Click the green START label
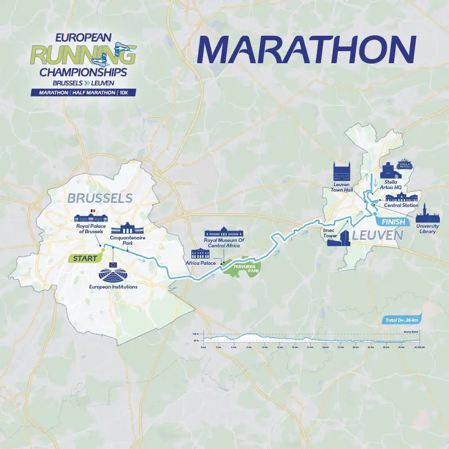(x=85, y=258)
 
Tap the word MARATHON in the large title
(x=306, y=49)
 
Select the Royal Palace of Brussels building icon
(x=91, y=218)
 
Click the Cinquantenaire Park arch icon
(x=127, y=228)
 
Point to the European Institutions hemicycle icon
(x=113, y=272)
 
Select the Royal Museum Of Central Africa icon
(x=224, y=231)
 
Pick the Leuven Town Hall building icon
(x=342, y=171)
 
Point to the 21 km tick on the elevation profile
(x=310, y=346)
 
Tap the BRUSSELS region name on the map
(x=100, y=198)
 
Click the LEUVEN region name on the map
(x=378, y=236)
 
